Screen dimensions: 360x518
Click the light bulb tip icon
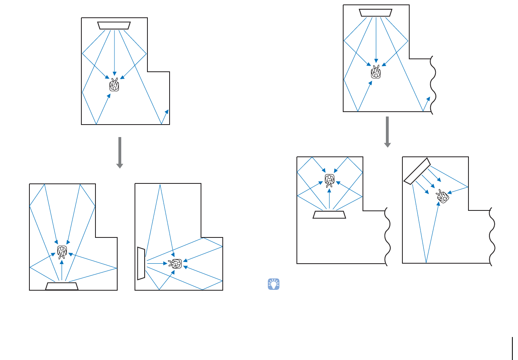click(x=274, y=284)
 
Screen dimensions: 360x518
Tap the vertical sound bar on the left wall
click(x=141, y=264)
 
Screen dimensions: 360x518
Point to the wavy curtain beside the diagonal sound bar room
click(x=491, y=236)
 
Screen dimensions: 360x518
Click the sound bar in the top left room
click(x=114, y=25)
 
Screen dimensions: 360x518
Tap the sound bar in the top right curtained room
click(x=376, y=13)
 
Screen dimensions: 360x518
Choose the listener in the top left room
click(x=114, y=85)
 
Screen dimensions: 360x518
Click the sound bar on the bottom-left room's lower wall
click(x=62, y=286)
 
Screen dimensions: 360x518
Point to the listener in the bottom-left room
click(x=62, y=252)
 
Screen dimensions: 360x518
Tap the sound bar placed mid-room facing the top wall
click(x=329, y=214)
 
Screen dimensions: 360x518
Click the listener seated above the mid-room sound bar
click(x=329, y=179)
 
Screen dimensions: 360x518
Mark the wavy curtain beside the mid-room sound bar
click(x=387, y=236)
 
